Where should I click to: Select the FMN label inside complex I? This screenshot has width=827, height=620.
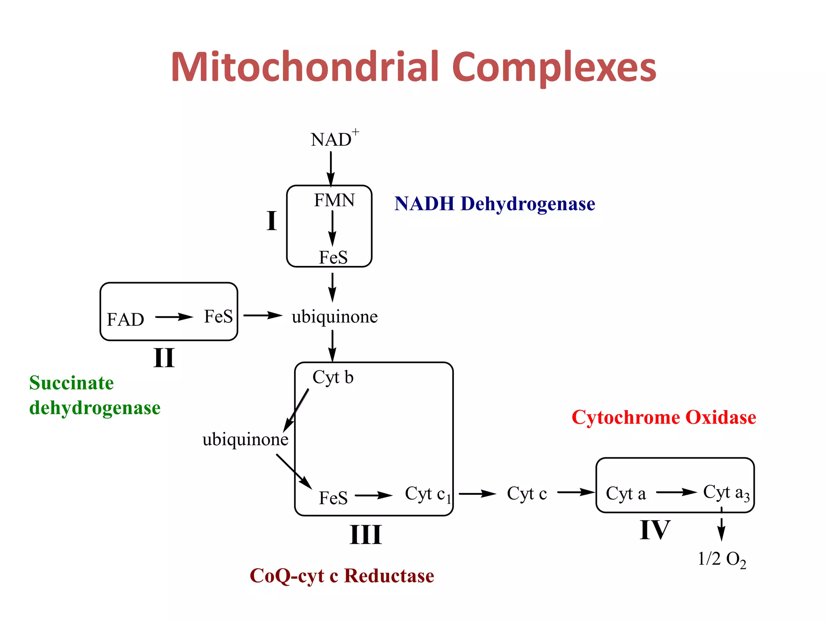[x=334, y=200]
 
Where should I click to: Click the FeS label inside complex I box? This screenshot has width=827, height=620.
[x=333, y=258]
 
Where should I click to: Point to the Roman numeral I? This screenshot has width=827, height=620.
[x=271, y=221]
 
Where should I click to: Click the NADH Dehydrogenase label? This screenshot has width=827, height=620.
[x=494, y=203]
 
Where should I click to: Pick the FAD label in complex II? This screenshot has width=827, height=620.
[x=125, y=319]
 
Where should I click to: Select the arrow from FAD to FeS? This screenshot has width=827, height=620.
[x=174, y=317]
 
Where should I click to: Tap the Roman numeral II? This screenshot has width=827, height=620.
[x=164, y=358]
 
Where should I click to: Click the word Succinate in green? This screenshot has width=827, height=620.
[x=71, y=383]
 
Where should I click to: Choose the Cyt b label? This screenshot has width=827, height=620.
[x=333, y=377]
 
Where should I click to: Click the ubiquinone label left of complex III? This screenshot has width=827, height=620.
[x=245, y=439]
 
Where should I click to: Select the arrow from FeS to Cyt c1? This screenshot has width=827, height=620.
[x=374, y=495]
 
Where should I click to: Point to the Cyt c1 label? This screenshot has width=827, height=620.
[x=427, y=494]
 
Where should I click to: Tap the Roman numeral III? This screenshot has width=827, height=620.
[x=365, y=535]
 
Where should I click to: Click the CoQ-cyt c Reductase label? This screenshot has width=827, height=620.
[x=342, y=576]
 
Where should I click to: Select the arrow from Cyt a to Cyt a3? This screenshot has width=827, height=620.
[x=676, y=492]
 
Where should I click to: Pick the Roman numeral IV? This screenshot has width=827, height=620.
[x=655, y=530]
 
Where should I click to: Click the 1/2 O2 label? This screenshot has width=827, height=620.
[x=722, y=559]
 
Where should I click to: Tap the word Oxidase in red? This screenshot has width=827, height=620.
[x=721, y=417]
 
